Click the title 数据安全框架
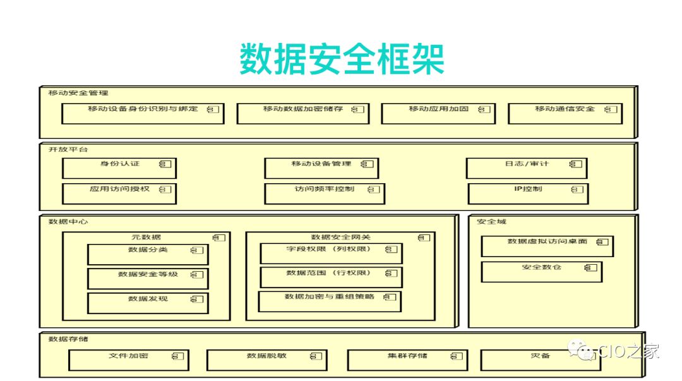tap(342, 60)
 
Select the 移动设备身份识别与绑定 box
tap(143, 112)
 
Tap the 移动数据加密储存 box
tap(302, 112)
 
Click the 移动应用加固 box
tap(439, 112)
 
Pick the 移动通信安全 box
tap(565, 112)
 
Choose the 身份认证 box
tap(119, 167)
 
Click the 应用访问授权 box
tap(119, 193)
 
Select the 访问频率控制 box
tap(324, 193)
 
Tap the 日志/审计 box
tap(527, 167)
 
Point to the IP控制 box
tap(528, 193)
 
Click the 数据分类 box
tap(147, 253)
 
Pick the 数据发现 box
tap(147, 303)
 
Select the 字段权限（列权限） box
tap(331, 253)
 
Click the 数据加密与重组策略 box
tap(330, 301)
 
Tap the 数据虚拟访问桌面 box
tap(547, 245)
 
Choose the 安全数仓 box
tap(541, 271)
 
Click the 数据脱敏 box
tap(266, 360)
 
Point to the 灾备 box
tap(540, 360)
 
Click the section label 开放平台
tap(68, 150)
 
